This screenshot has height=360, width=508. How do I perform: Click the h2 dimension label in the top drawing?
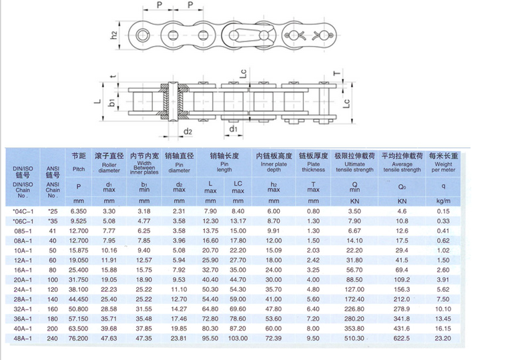click(114, 34)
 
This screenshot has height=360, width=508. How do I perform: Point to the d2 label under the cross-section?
click(188, 131)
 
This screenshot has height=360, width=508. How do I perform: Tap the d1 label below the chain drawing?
click(234, 128)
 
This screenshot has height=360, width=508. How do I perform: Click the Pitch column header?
click(79, 170)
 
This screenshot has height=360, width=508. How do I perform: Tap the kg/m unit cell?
click(442, 200)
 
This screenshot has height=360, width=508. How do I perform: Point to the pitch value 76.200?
click(79, 339)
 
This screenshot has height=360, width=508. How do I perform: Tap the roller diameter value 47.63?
click(109, 339)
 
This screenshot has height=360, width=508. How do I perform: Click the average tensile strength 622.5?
click(402, 339)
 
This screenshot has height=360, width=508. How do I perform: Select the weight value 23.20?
click(442, 339)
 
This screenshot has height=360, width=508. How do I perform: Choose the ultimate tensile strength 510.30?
click(355, 339)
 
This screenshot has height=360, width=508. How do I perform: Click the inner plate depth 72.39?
click(273, 339)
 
